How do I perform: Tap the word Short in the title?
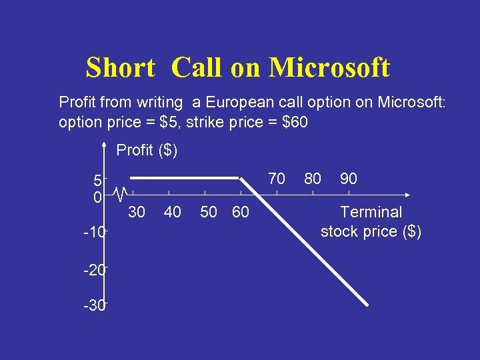[120, 68]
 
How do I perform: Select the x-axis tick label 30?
[136, 212]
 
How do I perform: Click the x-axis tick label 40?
[172, 212]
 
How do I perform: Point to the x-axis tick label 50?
[209, 212]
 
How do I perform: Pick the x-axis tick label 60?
[240, 212]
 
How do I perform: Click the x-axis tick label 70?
[276, 178]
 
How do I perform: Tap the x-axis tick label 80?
[312, 178]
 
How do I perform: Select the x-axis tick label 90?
[348, 178]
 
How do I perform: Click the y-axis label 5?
[97, 180]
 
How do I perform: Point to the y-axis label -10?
[94, 233]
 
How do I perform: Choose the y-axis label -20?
[94, 270]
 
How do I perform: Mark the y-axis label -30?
[94, 306]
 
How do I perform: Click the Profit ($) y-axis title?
[147, 150]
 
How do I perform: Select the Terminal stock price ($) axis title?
[371, 222]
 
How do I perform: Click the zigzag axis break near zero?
[120, 195]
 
